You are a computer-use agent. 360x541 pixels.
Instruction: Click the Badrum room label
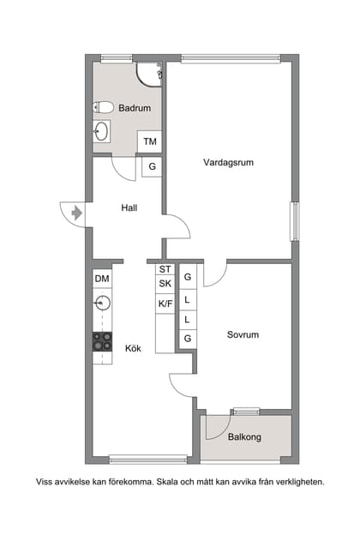point(135,108)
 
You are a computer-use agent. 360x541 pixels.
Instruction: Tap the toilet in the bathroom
point(103,108)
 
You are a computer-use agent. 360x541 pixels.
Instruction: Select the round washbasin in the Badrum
point(102,132)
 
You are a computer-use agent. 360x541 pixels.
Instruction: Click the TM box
point(150,141)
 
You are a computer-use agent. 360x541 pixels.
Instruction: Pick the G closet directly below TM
point(152,166)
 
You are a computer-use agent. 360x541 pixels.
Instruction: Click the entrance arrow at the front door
point(77,213)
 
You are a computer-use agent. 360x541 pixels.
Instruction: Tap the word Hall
point(129,207)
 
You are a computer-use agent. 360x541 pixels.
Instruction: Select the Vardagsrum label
point(228,162)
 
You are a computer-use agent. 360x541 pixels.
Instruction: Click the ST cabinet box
point(165,269)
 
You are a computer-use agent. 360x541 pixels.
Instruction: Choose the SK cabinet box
point(165,284)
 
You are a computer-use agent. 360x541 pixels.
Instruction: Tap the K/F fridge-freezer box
point(165,303)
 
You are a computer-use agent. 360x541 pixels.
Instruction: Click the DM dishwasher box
point(102,279)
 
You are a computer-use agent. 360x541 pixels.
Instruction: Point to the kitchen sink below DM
point(102,303)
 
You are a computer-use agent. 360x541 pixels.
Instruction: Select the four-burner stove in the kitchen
point(102,340)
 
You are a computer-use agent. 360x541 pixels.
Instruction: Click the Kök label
point(133,348)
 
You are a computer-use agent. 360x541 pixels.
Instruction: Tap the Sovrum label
point(243,334)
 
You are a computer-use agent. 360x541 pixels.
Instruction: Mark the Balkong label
point(244,437)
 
